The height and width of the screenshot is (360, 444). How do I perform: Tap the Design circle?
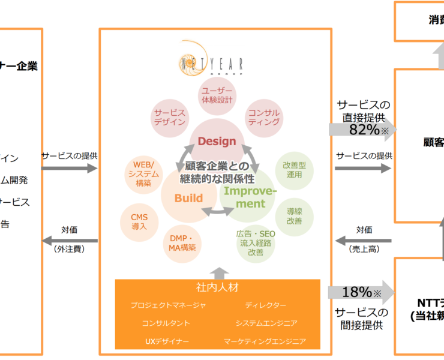(217, 142)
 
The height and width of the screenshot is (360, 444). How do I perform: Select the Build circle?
(188, 198)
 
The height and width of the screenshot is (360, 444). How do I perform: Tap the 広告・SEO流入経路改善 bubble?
(256, 243)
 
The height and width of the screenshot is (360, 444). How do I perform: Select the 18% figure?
(357, 292)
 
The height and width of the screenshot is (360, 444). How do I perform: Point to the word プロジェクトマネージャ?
(168, 305)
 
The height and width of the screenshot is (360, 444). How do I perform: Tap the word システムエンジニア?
(266, 323)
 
